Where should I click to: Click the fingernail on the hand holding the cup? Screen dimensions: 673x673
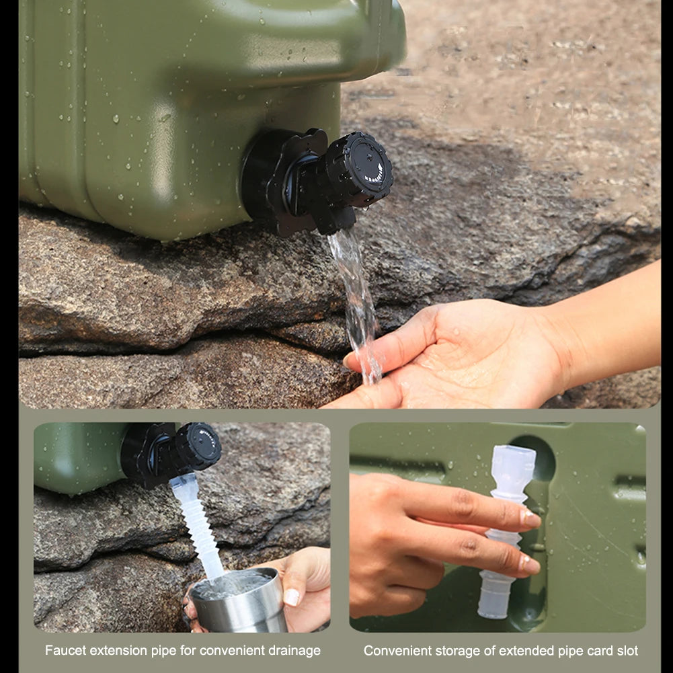[x=291, y=596]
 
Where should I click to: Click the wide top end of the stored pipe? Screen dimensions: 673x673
[x=514, y=464]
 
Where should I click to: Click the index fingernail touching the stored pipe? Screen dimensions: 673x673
[x=530, y=518]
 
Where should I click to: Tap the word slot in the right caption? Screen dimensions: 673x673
[x=626, y=650]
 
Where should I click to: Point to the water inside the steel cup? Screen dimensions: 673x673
[x=232, y=583]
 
